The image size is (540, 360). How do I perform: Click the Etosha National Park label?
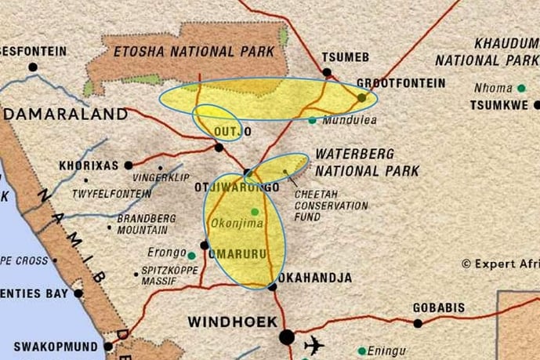pyautogui.click(x=194, y=52)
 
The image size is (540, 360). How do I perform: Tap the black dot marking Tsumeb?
pyautogui.click(x=327, y=72)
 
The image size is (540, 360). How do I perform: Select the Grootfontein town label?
pyautogui.click(x=400, y=83)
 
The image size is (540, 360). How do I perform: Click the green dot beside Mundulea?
pyautogui.click(x=313, y=120)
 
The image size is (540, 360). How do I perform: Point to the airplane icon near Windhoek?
pyautogui.click(x=314, y=344)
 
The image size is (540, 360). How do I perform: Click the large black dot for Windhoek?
pyautogui.click(x=287, y=337)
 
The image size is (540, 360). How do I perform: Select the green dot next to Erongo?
pyautogui.click(x=191, y=255)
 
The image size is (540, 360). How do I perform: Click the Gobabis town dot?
pyautogui.click(x=418, y=322)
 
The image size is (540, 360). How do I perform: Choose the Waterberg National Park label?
pyautogui.click(x=367, y=162)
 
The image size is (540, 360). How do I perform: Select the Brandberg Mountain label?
pyautogui.click(x=142, y=224)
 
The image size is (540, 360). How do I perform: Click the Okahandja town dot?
pyautogui.click(x=272, y=287)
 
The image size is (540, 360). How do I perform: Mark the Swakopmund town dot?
pyautogui.click(x=107, y=346)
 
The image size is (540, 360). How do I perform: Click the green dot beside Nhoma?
pyautogui.click(x=520, y=89)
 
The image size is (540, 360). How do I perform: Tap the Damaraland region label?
pyautogui.click(x=66, y=115)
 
